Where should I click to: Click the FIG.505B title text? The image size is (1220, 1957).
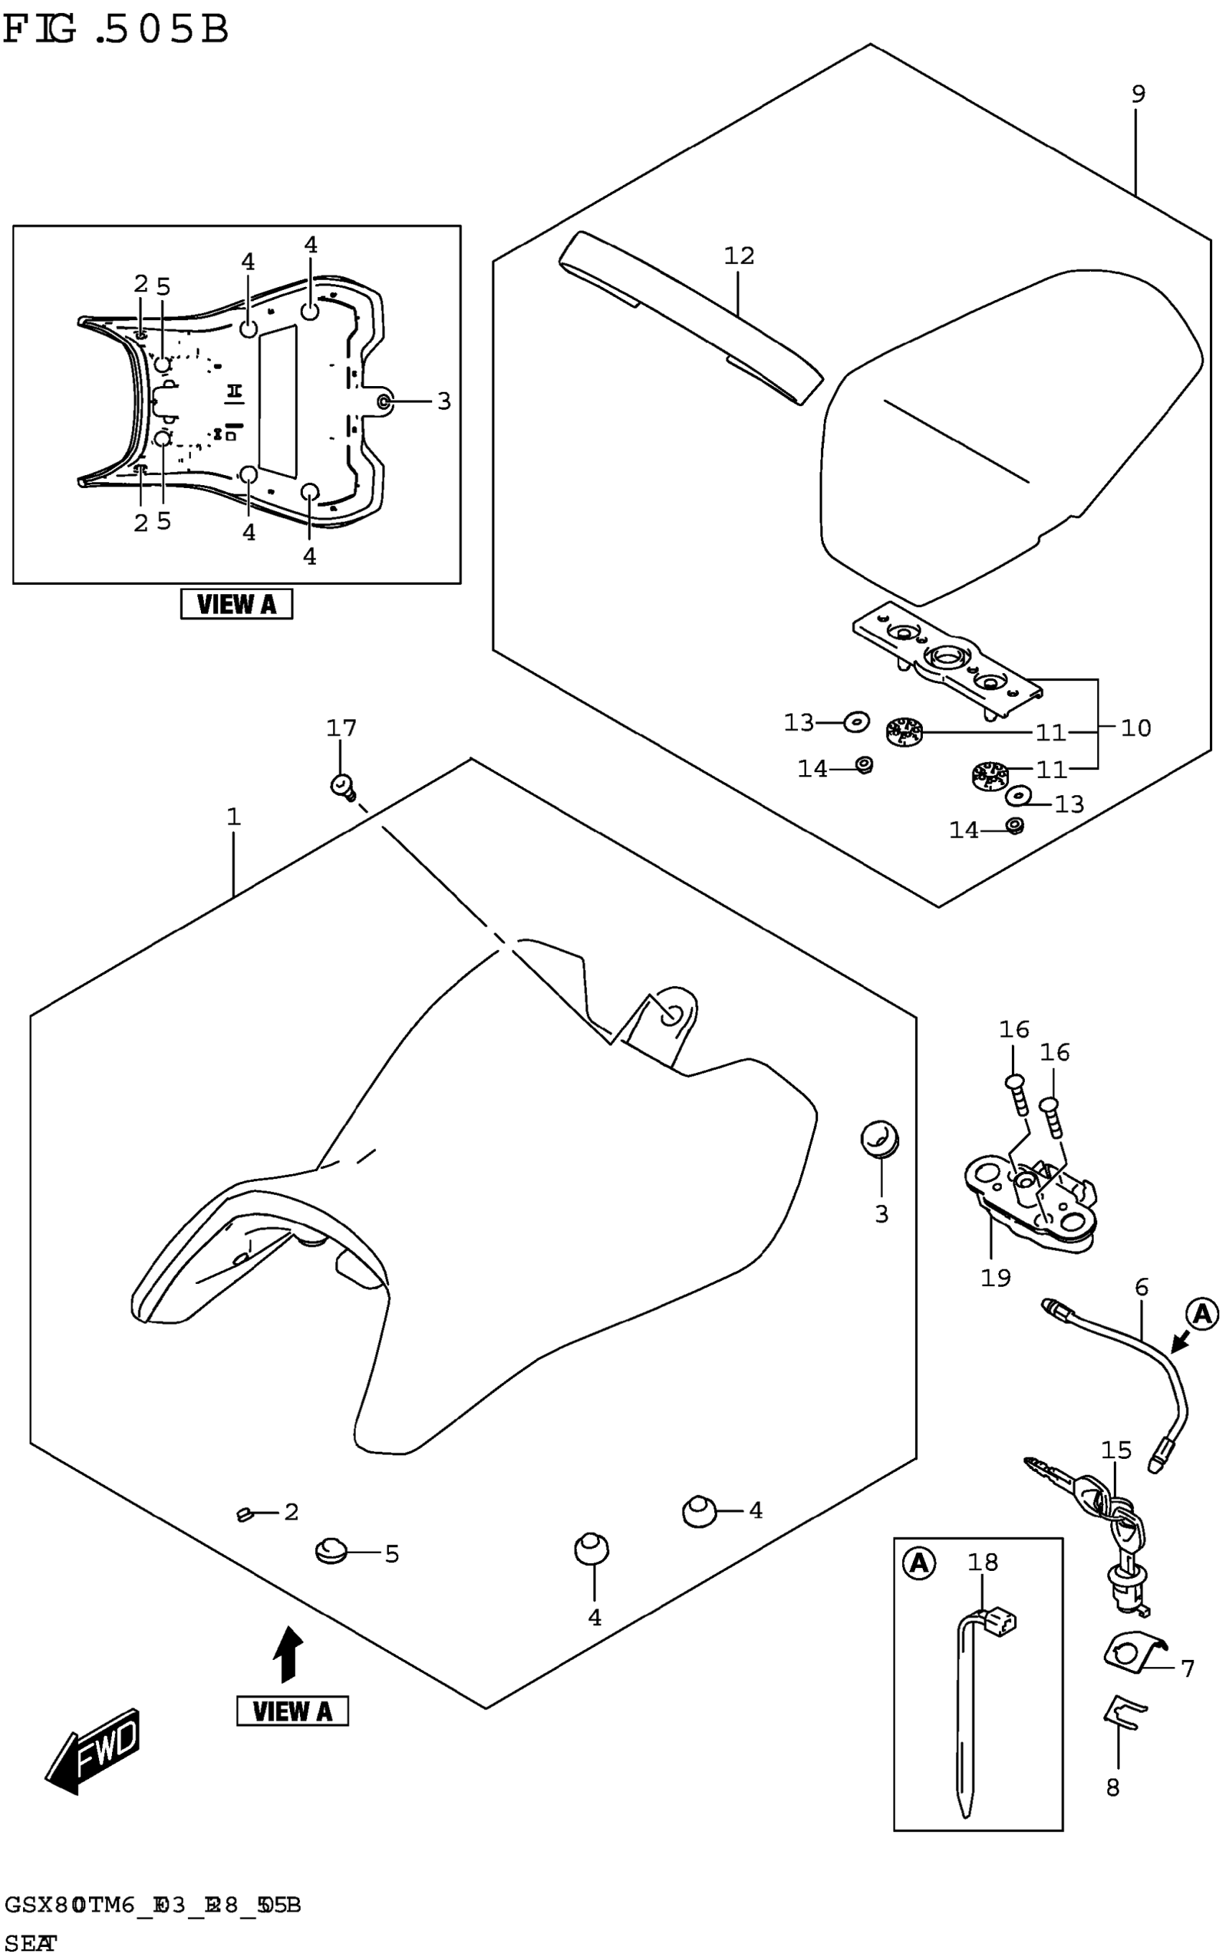[116, 31]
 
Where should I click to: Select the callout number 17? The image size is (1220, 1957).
[340, 728]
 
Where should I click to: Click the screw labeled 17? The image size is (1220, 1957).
[343, 786]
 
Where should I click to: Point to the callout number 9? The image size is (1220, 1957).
[1137, 93]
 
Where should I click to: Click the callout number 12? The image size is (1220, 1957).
[738, 255]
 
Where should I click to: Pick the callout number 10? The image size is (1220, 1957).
[1135, 728]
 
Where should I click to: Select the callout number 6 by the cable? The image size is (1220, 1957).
[1141, 1287]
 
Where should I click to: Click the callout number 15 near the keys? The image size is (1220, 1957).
[1117, 1450]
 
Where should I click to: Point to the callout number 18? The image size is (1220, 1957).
[982, 1562]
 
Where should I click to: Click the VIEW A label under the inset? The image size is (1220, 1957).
[236, 604]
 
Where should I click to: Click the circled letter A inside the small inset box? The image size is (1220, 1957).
[918, 1564]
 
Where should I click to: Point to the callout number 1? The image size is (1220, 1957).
[233, 817]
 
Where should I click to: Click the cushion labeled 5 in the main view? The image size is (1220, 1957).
[330, 1550]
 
